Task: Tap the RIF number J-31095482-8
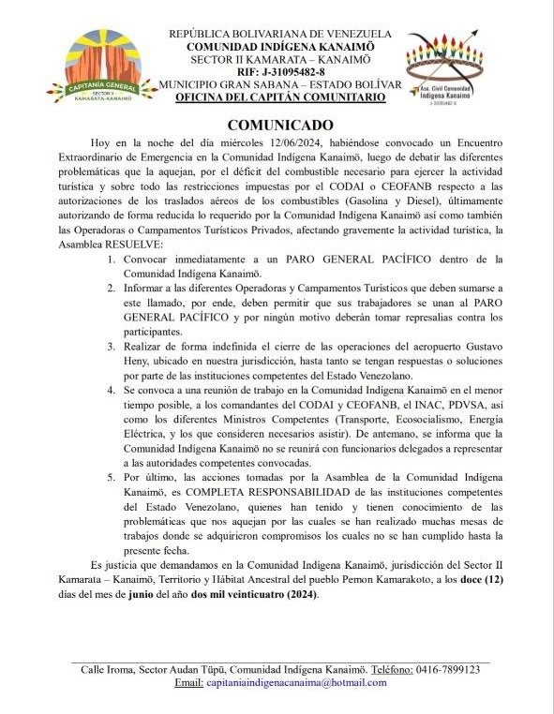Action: coord(281,70)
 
